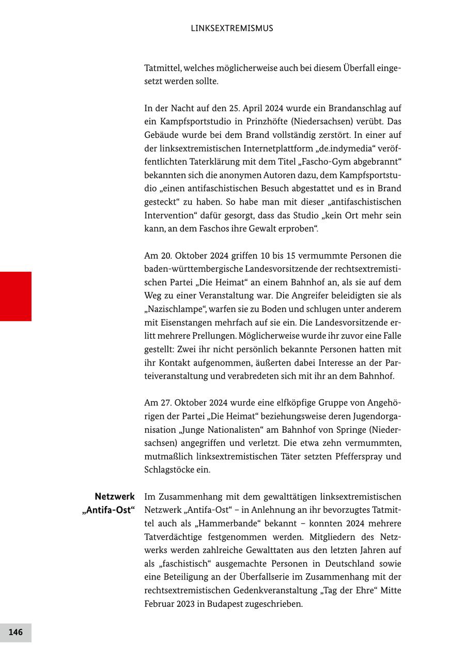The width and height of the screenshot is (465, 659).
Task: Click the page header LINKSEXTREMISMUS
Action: click(x=232, y=28)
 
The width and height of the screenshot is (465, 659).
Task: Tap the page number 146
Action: click(x=16, y=632)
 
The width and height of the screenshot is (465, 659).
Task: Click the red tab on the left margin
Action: click(x=16, y=296)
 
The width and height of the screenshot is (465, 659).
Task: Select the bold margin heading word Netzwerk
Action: click(x=114, y=497)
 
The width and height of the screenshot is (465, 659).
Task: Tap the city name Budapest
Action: click(x=225, y=604)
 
